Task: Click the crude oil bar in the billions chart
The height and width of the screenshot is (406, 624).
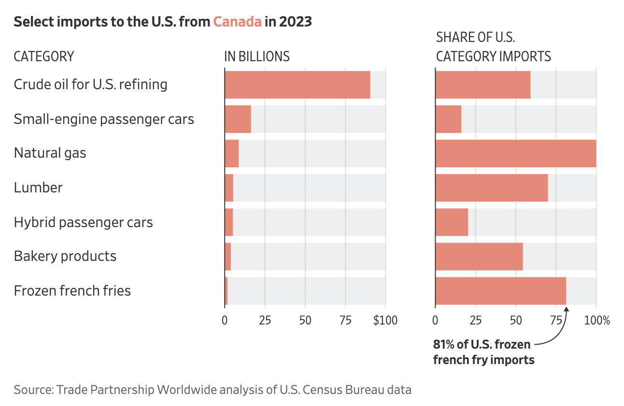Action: [298, 85]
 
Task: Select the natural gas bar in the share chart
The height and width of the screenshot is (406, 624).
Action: [516, 153]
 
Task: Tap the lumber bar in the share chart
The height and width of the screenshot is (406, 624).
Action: [492, 188]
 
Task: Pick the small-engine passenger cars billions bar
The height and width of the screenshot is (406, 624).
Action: [238, 119]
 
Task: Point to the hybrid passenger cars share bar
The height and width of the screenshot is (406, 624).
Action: [452, 222]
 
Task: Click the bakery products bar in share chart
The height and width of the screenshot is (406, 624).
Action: [479, 257]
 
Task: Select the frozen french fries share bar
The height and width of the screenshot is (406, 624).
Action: [501, 291]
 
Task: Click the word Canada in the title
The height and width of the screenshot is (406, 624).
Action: [238, 22]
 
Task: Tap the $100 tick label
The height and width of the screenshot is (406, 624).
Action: [385, 320]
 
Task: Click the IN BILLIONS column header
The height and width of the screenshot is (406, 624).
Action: [257, 56]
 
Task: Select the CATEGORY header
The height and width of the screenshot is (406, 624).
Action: [44, 56]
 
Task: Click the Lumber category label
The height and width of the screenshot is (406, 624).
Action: [38, 188]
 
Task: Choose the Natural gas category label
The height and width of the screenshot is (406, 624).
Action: [50, 153]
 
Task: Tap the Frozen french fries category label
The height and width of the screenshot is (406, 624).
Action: [72, 291]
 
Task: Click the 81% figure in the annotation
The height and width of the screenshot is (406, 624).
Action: [443, 345]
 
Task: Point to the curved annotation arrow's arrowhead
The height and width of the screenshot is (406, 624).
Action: [567, 309]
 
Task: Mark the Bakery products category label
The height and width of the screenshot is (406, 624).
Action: [65, 256]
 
